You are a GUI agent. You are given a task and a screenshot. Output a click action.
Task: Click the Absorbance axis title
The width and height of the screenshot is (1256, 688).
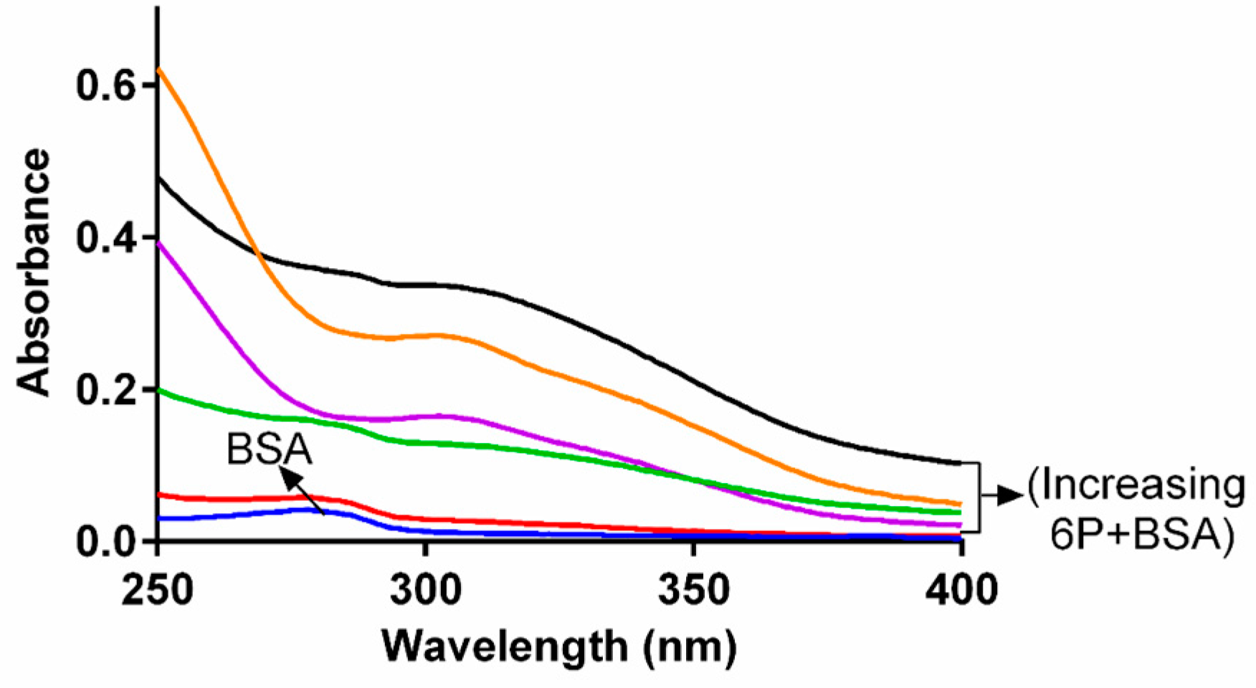[x=34, y=272]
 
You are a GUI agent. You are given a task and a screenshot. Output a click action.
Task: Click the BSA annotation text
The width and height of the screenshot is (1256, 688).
[x=270, y=449]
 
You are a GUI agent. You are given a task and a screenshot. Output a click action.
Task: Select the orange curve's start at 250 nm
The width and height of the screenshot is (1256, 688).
[x=158, y=69]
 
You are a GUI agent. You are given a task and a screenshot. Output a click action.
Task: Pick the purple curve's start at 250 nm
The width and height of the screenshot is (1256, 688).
[x=158, y=243]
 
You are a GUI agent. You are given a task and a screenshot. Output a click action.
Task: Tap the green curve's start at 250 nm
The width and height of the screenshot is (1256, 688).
[x=158, y=390]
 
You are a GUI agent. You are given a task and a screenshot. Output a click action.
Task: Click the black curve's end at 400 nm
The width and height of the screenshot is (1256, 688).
[x=959, y=463]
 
